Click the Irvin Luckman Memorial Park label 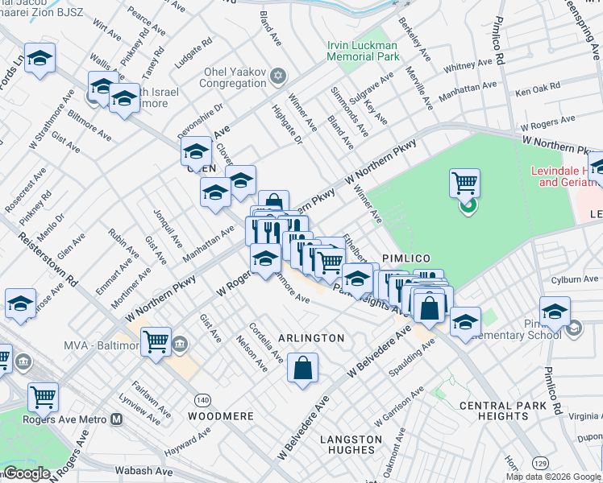tap(363, 52)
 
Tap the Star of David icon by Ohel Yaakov tap(278, 76)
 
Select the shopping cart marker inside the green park tap(464, 184)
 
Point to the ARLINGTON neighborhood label tap(311, 338)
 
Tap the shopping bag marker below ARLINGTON tap(302, 369)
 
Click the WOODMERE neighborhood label tap(220, 416)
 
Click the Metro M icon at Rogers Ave tap(118, 419)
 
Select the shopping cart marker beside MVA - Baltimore tap(156, 341)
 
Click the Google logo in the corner tap(27, 473)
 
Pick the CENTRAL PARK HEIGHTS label tap(493, 411)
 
